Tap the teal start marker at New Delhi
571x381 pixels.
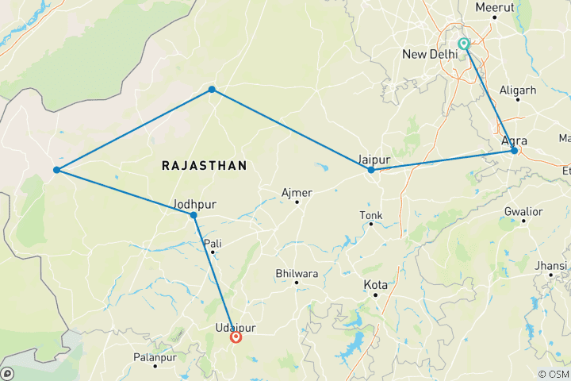464,44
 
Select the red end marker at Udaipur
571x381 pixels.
236,337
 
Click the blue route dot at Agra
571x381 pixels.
515,151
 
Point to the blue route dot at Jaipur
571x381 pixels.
371,170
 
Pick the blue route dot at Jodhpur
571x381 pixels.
194,215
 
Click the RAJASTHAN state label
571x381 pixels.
204,165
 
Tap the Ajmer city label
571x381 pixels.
297,193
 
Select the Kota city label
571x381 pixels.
375,284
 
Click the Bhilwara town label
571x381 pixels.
296,273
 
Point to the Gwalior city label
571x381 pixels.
523,212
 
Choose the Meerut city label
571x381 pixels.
495,7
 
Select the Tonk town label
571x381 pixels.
370,214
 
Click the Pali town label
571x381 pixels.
213,243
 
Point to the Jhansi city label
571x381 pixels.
550,264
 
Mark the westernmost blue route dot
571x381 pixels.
56,170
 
